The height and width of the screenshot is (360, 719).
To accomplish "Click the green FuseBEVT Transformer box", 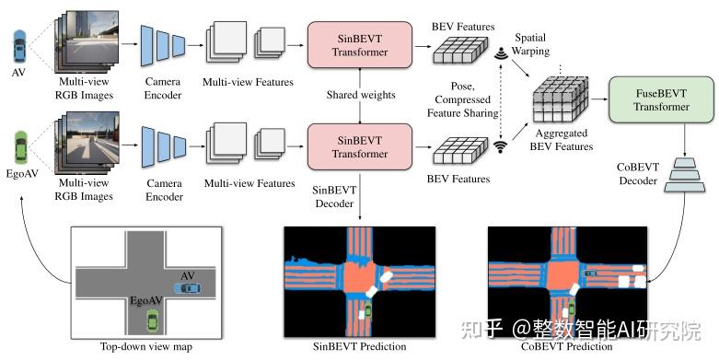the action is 661,100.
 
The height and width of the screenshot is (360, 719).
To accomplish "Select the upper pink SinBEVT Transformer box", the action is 359,45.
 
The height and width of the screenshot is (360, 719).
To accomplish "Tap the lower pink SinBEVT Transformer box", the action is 359,146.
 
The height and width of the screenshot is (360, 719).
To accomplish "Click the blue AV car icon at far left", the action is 18,46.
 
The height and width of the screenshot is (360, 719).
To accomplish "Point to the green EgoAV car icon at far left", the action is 20,147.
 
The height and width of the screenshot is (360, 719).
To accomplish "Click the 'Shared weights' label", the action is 361,95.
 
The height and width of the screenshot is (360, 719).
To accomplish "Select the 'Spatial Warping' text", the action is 530,44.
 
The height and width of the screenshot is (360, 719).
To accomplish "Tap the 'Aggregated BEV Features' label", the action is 562,140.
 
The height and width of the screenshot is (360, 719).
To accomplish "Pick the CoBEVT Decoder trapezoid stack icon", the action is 685,175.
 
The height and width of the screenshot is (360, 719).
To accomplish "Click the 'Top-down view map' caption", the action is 146,346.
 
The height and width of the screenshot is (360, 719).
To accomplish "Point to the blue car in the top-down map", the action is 187,288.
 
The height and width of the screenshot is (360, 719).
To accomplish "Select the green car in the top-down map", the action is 152,320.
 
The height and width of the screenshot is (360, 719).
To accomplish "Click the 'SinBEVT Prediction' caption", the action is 359,346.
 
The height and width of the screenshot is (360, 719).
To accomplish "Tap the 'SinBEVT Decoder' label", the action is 334,197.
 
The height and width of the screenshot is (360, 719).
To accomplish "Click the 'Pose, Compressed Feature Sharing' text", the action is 463,99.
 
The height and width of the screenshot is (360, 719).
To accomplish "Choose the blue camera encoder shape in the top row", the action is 163,45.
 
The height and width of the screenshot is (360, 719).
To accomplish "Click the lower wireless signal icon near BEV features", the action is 500,146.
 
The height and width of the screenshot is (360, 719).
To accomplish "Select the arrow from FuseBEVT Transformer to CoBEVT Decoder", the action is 685,140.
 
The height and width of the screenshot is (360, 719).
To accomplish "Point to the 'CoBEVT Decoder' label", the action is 638,174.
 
